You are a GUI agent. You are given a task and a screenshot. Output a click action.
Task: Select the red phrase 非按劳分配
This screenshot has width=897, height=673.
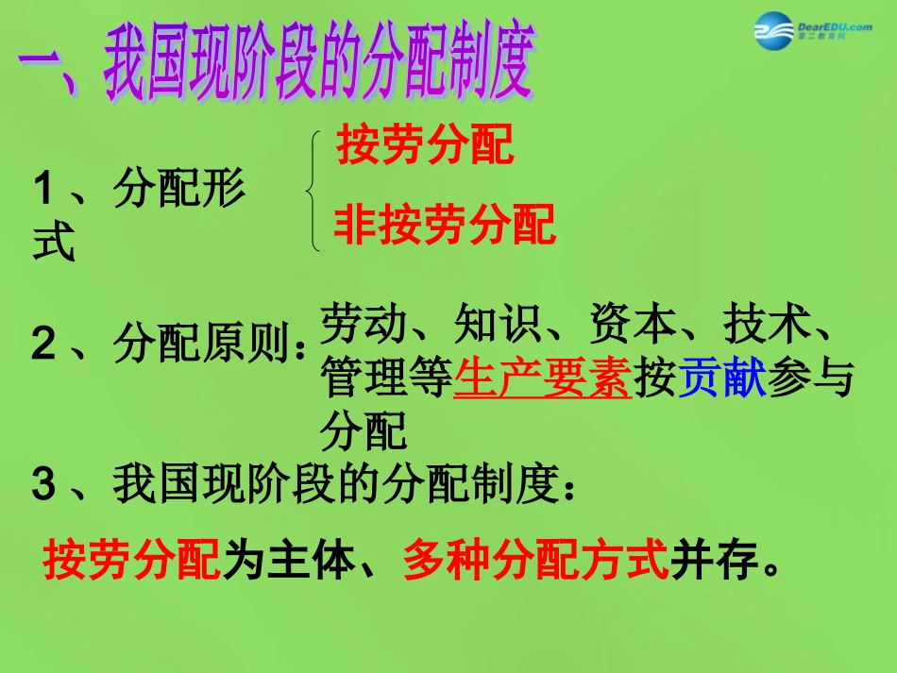(444, 226)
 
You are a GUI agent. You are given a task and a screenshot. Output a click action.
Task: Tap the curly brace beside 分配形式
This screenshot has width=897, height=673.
(314, 191)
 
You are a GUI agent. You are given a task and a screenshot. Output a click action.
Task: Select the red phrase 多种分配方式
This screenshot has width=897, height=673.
(535, 562)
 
